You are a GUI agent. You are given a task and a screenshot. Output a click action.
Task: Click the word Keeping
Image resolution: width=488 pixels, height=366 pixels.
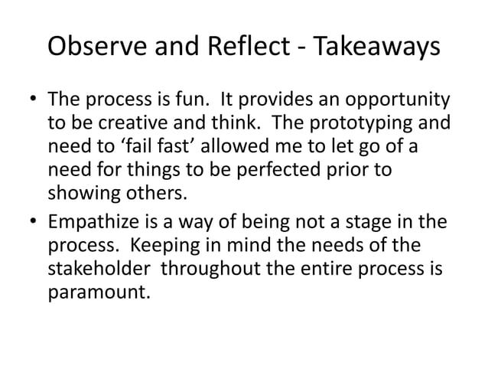[x=190, y=247]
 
